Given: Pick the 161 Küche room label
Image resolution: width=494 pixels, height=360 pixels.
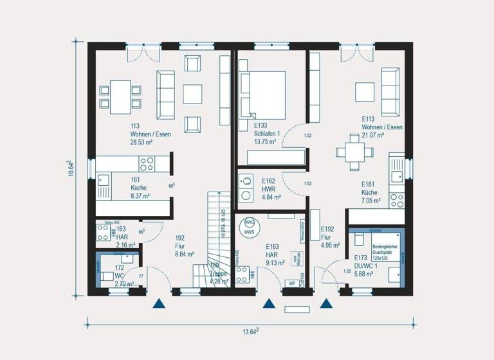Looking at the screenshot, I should click(138, 187).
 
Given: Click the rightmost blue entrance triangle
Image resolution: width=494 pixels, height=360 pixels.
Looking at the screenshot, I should click(327, 304).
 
